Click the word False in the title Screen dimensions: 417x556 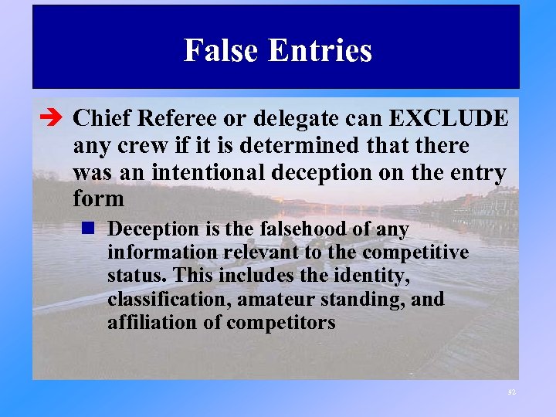[220, 51]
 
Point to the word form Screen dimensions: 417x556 [98, 199]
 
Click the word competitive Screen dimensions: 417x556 [415, 253]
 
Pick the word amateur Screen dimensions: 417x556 [273, 299]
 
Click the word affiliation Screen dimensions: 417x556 [153, 322]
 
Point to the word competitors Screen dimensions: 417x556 [281, 322]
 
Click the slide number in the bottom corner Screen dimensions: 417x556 [511, 392]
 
